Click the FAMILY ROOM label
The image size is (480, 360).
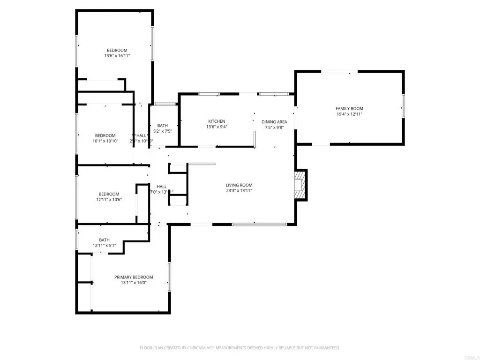pyautogui.click(x=349, y=108)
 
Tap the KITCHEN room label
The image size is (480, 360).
pyautogui.click(x=217, y=121)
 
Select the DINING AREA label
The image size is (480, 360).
pyautogui.click(x=274, y=122)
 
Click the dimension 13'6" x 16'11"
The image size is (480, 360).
pyautogui.click(x=117, y=56)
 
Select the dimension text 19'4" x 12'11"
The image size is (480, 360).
pyautogui.click(x=349, y=114)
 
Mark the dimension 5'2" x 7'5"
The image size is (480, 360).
pyautogui.click(x=163, y=131)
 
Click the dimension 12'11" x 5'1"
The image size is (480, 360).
pyautogui.click(x=104, y=245)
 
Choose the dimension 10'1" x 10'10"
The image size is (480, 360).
pyautogui.click(x=105, y=141)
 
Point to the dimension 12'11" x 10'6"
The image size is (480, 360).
pyautogui.click(x=108, y=199)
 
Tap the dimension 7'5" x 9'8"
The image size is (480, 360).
pyautogui.click(x=274, y=127)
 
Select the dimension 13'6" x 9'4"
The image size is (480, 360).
pyautogui.click(x=217, y=127)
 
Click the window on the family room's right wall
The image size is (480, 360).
pyautogui.click(x=403, y=106)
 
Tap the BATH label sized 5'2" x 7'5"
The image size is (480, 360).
pyautogui.click(x=163, y=126)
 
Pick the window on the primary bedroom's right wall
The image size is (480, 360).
pyautogui.click(x=169, y=277)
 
